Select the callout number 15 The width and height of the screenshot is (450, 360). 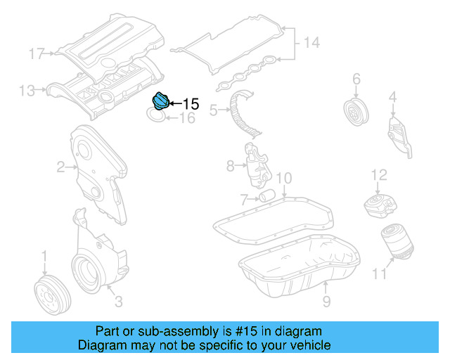tap(191, 105)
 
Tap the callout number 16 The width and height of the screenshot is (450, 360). tap(187, 120)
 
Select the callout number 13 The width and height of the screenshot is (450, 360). tap(27, 90)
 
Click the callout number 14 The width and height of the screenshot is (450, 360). tap(311, 43)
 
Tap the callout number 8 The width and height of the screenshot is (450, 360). tap(230, 167)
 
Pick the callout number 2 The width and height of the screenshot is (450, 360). tap(61, 167)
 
